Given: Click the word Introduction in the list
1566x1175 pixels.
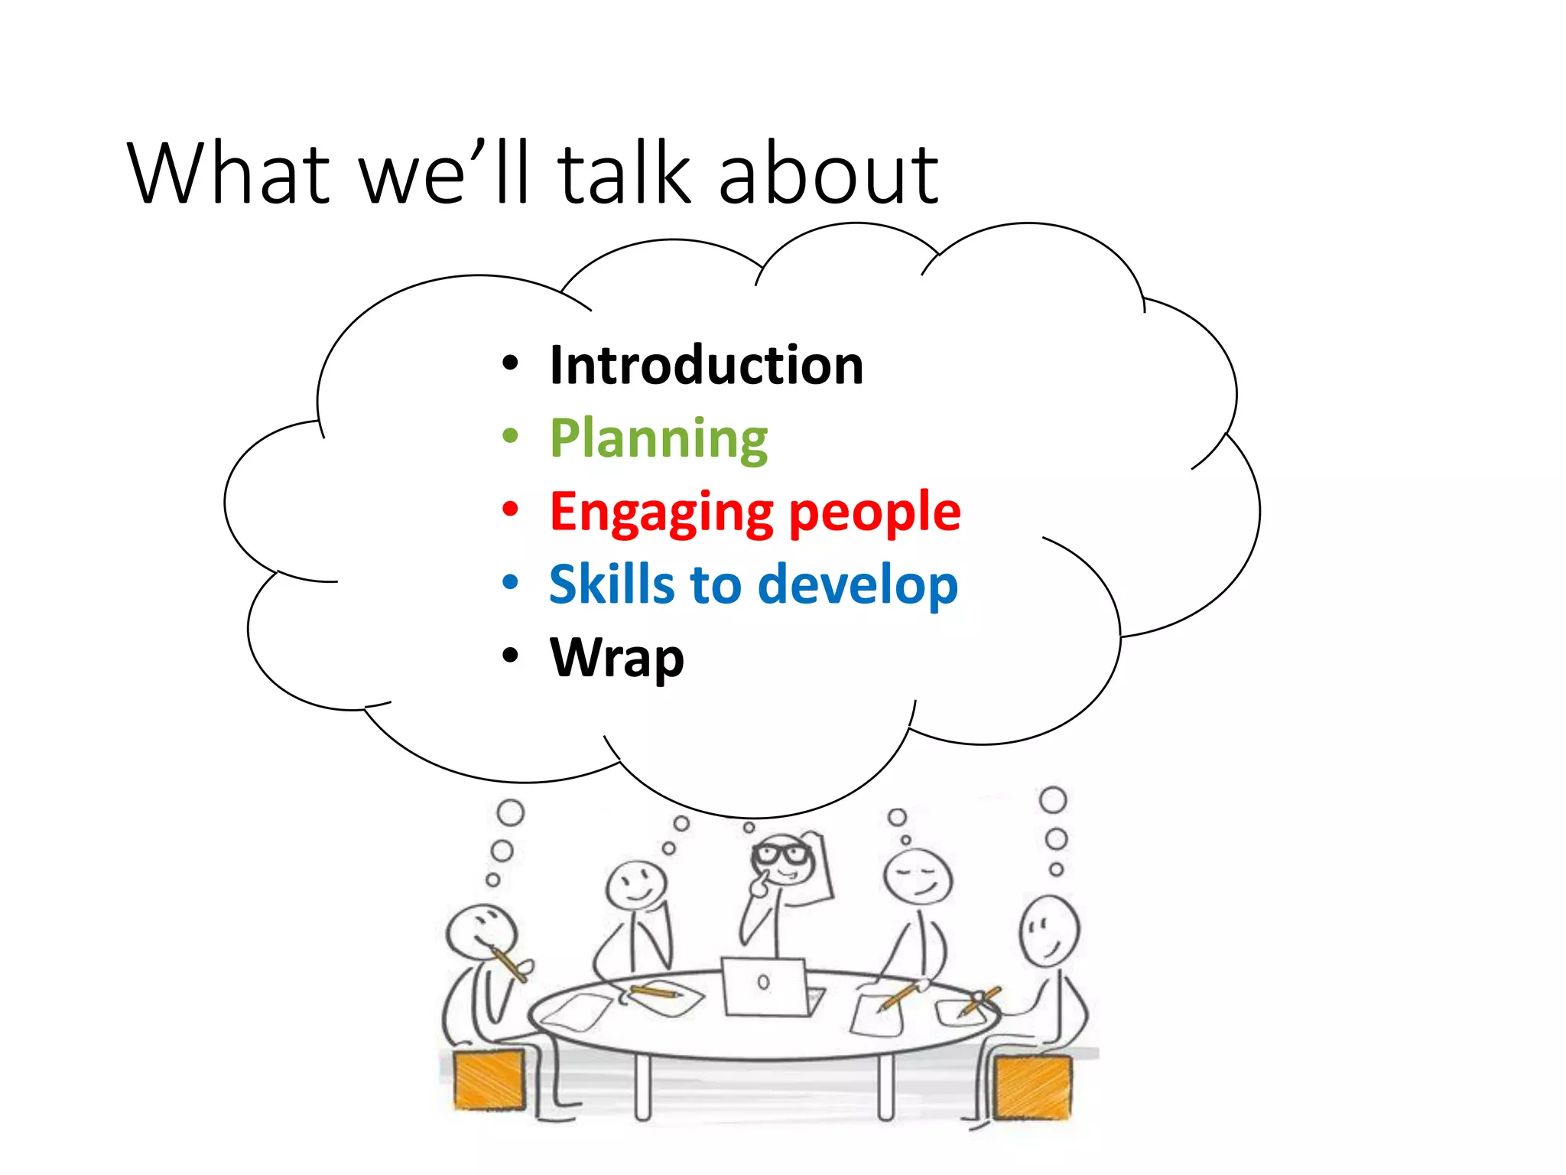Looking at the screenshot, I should (706, 366).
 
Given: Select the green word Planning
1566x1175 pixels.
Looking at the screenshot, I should (658, 438).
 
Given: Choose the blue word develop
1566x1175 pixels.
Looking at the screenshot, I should (857, 584).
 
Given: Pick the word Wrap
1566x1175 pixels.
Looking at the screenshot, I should (616, 657).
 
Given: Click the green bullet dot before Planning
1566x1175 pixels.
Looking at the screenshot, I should (510, 437).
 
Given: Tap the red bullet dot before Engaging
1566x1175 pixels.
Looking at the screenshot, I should (510, 509).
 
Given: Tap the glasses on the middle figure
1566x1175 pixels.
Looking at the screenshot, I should (781, 854).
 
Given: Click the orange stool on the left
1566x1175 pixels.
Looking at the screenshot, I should (489, 1080).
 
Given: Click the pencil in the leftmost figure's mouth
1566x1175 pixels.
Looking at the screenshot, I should (510, 962).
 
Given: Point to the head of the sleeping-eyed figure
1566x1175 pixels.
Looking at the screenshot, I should (918, 877).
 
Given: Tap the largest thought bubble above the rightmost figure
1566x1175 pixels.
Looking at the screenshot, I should (1053, 800).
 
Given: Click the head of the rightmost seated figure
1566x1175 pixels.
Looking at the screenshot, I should (1049, 932).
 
